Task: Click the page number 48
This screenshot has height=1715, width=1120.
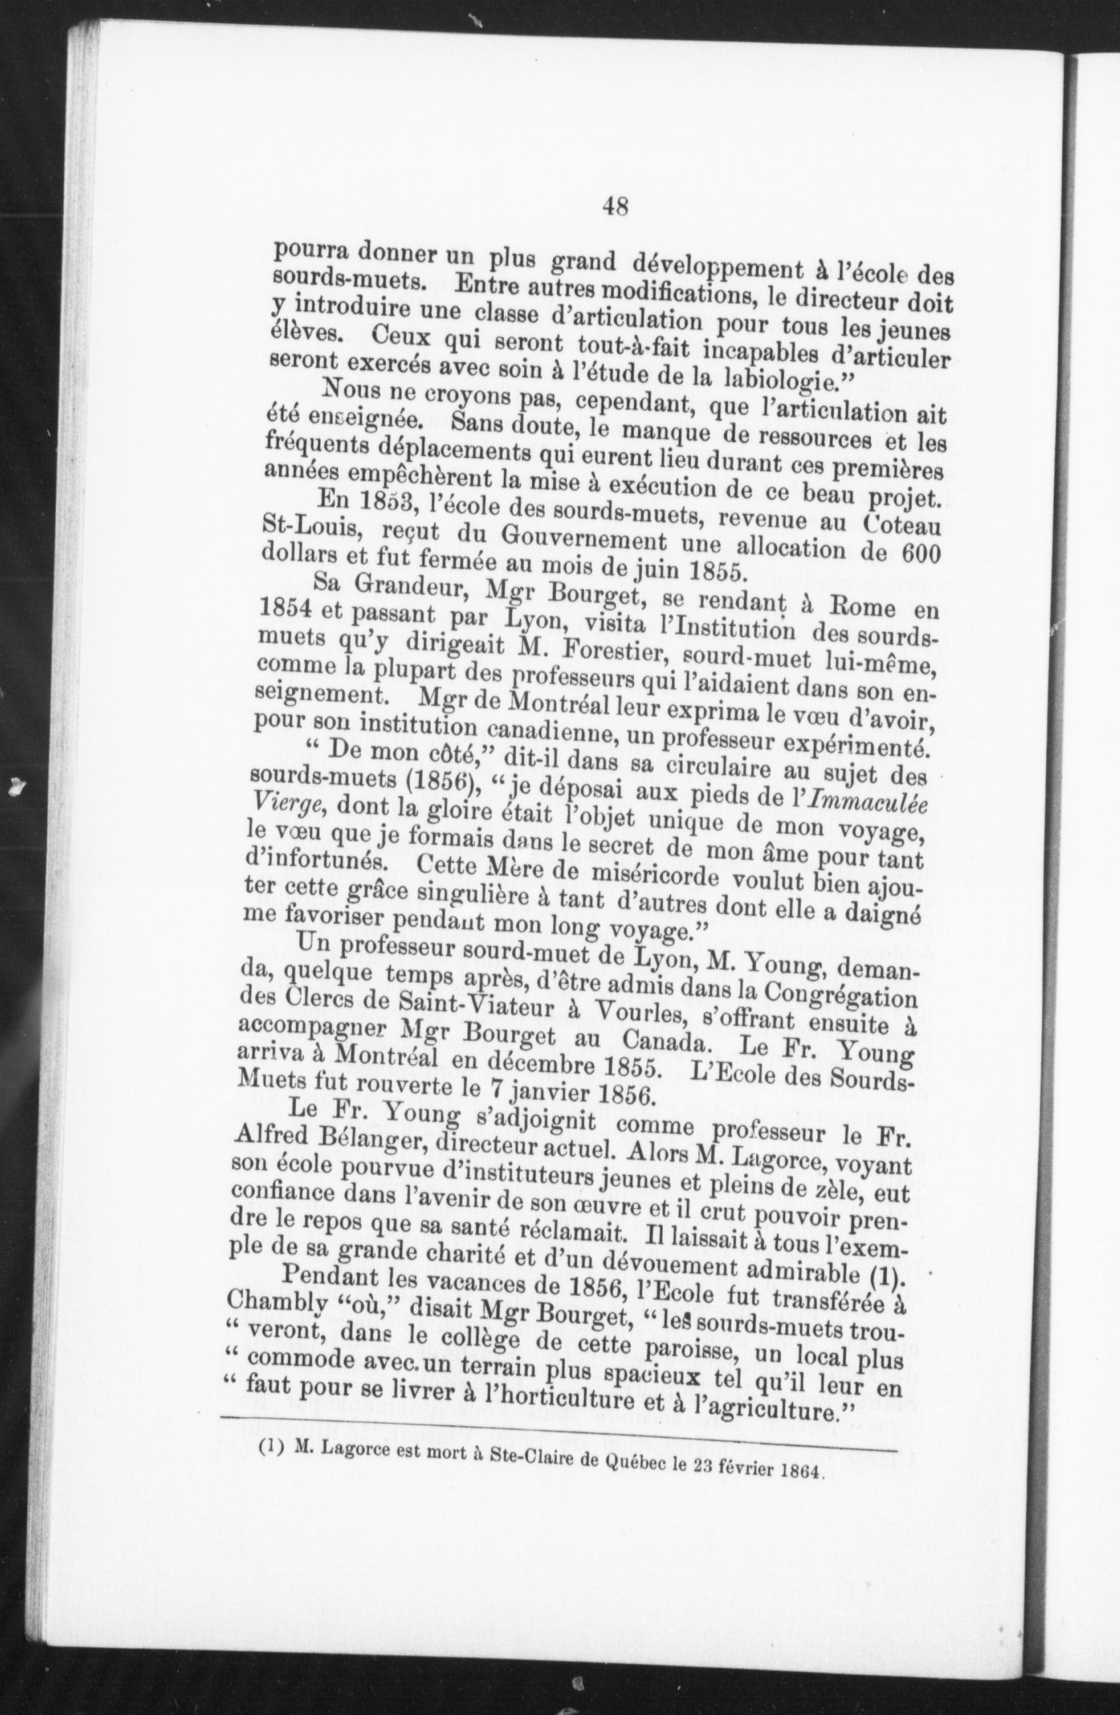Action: click(x=615, y=207)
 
